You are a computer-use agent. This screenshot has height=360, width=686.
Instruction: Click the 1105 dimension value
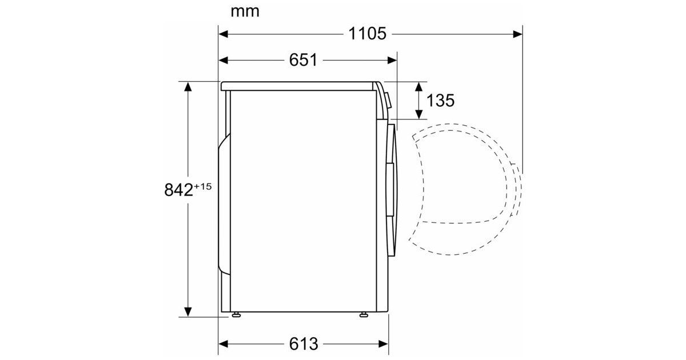pyautogui.click(x=367, y=34)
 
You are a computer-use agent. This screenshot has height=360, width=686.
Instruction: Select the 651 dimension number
pyautogui.click(x=303, y=60)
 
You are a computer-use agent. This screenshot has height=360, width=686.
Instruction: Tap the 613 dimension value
pyautogui.click(x=304, y=344)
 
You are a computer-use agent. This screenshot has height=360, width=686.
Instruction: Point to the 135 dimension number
pyautogui.click(x=440, y=101)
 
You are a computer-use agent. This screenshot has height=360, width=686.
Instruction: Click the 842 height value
pyautogui.click(x=178, y=190)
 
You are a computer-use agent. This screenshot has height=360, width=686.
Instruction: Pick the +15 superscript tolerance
pyautogui.click(x=202, y=186)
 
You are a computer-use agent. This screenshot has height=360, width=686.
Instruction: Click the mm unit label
pyautogui.click(x=245, y=12)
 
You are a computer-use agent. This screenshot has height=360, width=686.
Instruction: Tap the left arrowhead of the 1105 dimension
pyautogui.click(x=224, y=34)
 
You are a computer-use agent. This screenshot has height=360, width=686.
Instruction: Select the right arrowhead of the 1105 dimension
pyautogui.click(x=517, y=34)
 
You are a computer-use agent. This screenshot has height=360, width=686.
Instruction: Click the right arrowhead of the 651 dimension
pyautogui.click(x=392, y=61)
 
